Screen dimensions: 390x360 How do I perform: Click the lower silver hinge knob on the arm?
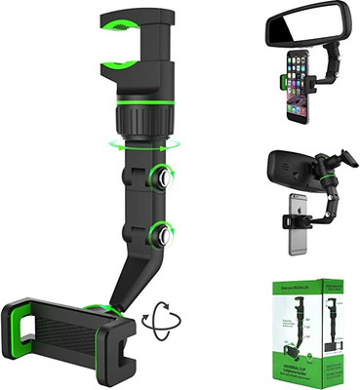tap(158, 233)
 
